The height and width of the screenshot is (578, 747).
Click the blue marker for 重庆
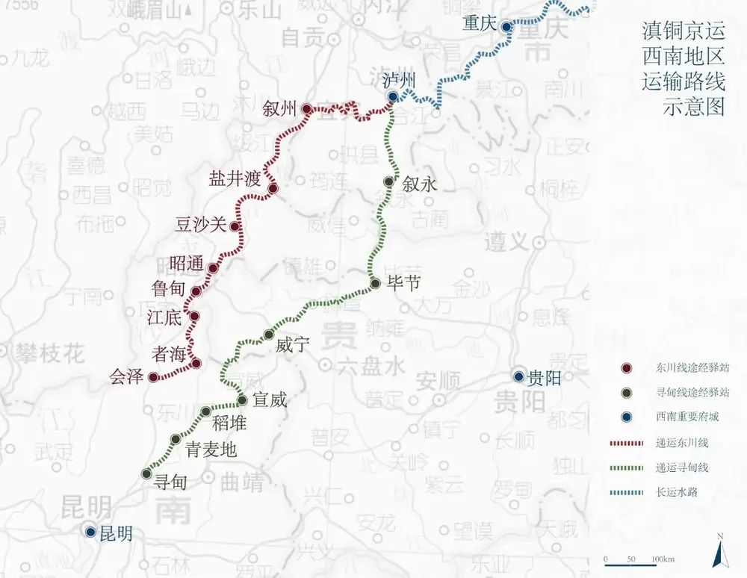(506, 26)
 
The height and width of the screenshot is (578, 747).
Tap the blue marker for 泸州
(392, 96)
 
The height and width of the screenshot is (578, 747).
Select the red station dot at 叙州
(306, 109)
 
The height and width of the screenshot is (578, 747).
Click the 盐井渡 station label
(235, 179)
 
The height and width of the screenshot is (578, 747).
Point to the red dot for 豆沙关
(235, 226)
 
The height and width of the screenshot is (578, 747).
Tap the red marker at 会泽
(153, 377)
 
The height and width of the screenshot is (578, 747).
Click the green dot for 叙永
(388, 181)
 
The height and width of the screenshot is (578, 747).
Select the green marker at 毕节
(376, 283)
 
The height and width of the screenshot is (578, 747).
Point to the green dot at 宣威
(242, 400)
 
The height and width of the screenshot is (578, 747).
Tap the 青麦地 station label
(211, 450)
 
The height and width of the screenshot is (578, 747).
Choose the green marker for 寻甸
(146, 473)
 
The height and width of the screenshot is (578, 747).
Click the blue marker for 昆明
(90, 532)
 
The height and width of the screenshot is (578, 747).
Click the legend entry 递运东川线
(682, 443)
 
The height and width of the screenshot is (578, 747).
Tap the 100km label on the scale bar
(663, 559)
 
